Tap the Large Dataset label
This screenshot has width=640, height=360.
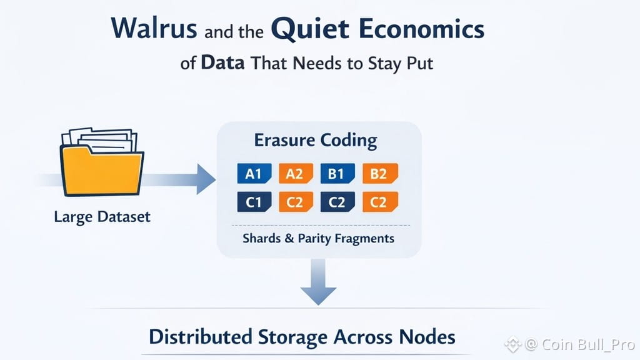[x=102, y=217]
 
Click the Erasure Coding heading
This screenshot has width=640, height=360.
[x=316, y=140]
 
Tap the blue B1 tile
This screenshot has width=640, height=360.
[x=337, y=174]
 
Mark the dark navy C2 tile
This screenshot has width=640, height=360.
[x=337, y=202]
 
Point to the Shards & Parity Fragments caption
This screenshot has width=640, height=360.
[x=318, y=238]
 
